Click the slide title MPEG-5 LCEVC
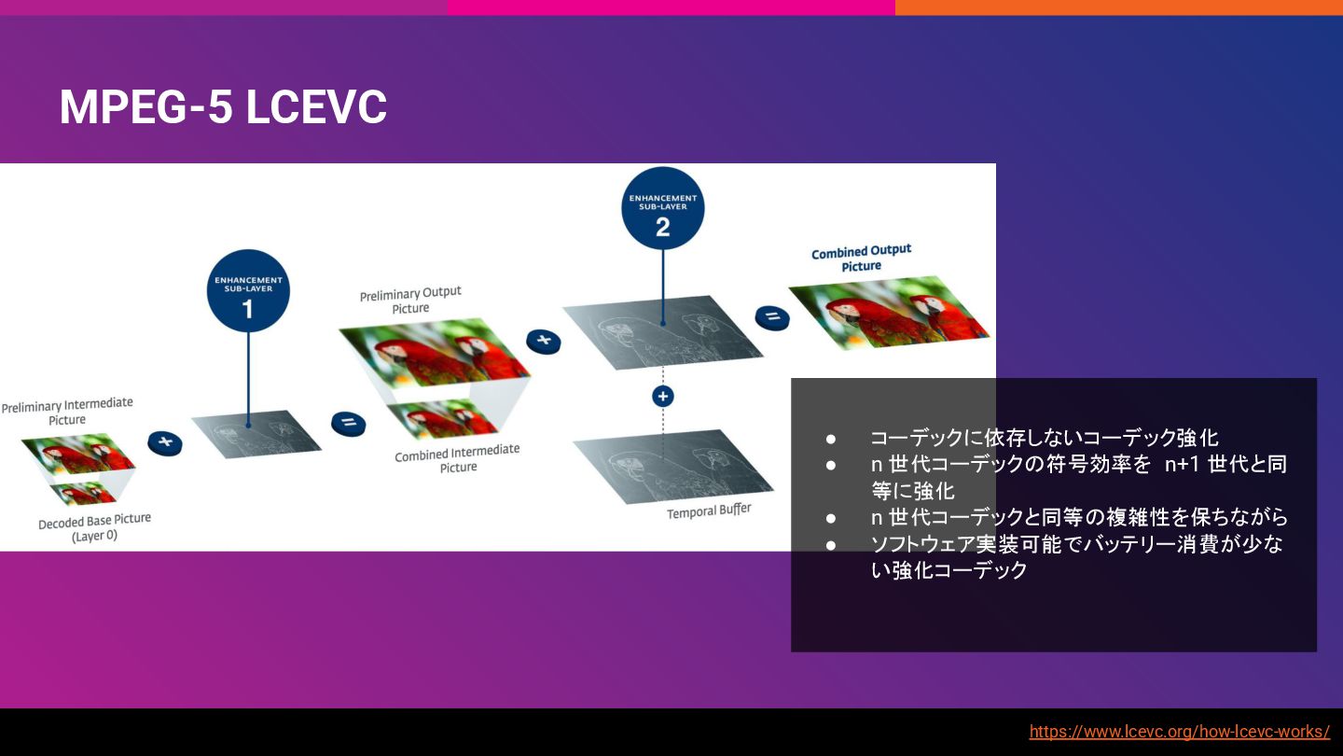pyautogui.click(x=223, y=107)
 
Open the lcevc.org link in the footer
pyautogui.click(x=1179, y=732)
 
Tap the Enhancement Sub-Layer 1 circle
pyautogui.click(x=248, y=290)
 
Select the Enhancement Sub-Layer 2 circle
pyautogui.click(x=662, y=208)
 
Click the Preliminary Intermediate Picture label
pyautogui.click(x=67, y=412)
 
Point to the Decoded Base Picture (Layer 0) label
pyautogui.click(x=94, y=528)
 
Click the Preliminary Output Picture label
pyautogui.click(x=410, y=301)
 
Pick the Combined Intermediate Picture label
pyautogui.click(x=457, y=458)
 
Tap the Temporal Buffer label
pyautogui.click(x=708, y=511)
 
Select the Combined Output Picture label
pyautogui.click(x=861, y=259)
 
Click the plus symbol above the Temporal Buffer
pyautogui.click(x=662, y=397)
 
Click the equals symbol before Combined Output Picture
pyautogui.click(x=772, y=317)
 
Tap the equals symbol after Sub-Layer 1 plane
pyautogui.click(x=348, y=423)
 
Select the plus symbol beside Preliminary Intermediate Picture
pyautogui.click(x=165, y=441)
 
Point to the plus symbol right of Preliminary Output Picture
pyautogui.click(x=543, y=341)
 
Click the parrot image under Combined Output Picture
pyautogui.click(x=889, y=314)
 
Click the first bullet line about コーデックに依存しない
pyautogui.click(x=1044, y=438)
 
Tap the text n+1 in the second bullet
pyautogui.click(x=1181, y=464)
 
